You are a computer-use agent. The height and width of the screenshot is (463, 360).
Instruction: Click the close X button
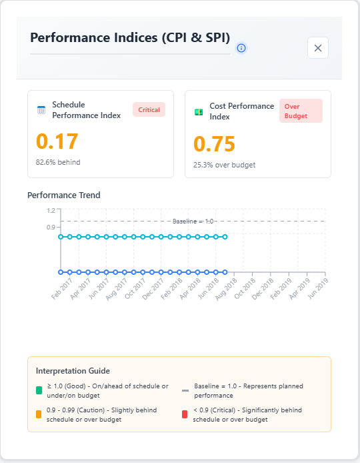pos(317,48)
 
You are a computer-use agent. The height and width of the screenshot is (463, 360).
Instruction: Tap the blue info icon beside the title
pos(241,48)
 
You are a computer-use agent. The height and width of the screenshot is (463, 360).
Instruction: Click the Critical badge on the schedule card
pos(149,110)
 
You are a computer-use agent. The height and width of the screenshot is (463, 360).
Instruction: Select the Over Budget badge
pos(300,111)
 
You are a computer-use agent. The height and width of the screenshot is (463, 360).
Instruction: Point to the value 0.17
pos(57,141)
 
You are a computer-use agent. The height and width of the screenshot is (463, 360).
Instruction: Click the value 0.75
pos(214,144)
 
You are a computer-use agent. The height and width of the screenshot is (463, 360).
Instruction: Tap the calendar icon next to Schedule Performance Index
pos(41,110)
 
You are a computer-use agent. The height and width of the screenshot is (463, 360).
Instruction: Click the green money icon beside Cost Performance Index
pos(199,111)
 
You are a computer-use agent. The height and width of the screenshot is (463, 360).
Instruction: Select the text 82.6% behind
pos(58,161)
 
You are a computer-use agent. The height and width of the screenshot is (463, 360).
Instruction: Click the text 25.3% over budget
pos(224,164)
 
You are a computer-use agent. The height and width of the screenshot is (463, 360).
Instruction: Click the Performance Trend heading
pos(63,195)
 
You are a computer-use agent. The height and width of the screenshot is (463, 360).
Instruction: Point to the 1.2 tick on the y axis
pos(51,210)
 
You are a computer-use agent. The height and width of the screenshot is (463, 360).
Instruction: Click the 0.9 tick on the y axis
pos(51,227)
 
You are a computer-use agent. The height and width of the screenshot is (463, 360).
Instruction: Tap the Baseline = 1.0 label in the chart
pos(193,221)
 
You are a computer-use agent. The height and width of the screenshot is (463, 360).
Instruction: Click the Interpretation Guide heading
pos(73,370)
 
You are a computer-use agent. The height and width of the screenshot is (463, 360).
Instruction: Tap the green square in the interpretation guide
pos(40,390)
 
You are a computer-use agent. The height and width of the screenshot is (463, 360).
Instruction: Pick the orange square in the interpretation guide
pos(40,414)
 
